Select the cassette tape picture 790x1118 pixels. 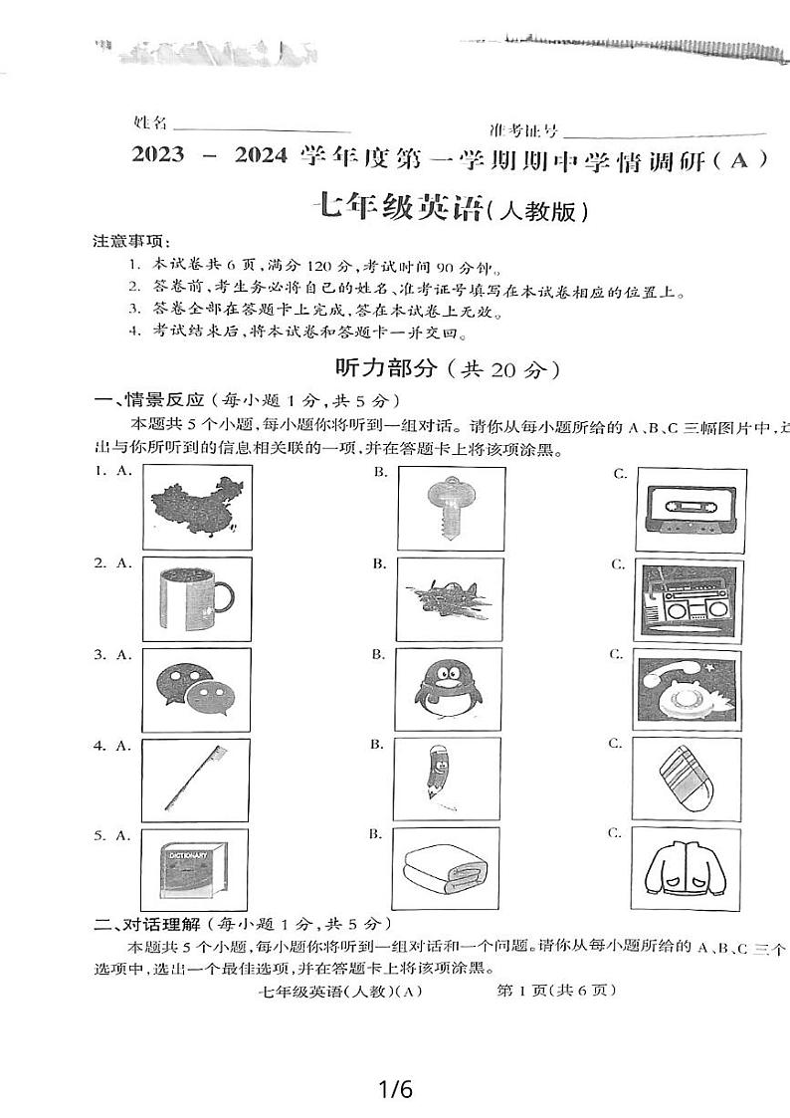point(687,508)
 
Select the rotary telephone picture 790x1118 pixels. point(687,689)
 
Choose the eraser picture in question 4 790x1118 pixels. point(686,780)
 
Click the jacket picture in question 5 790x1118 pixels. point(687,868)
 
